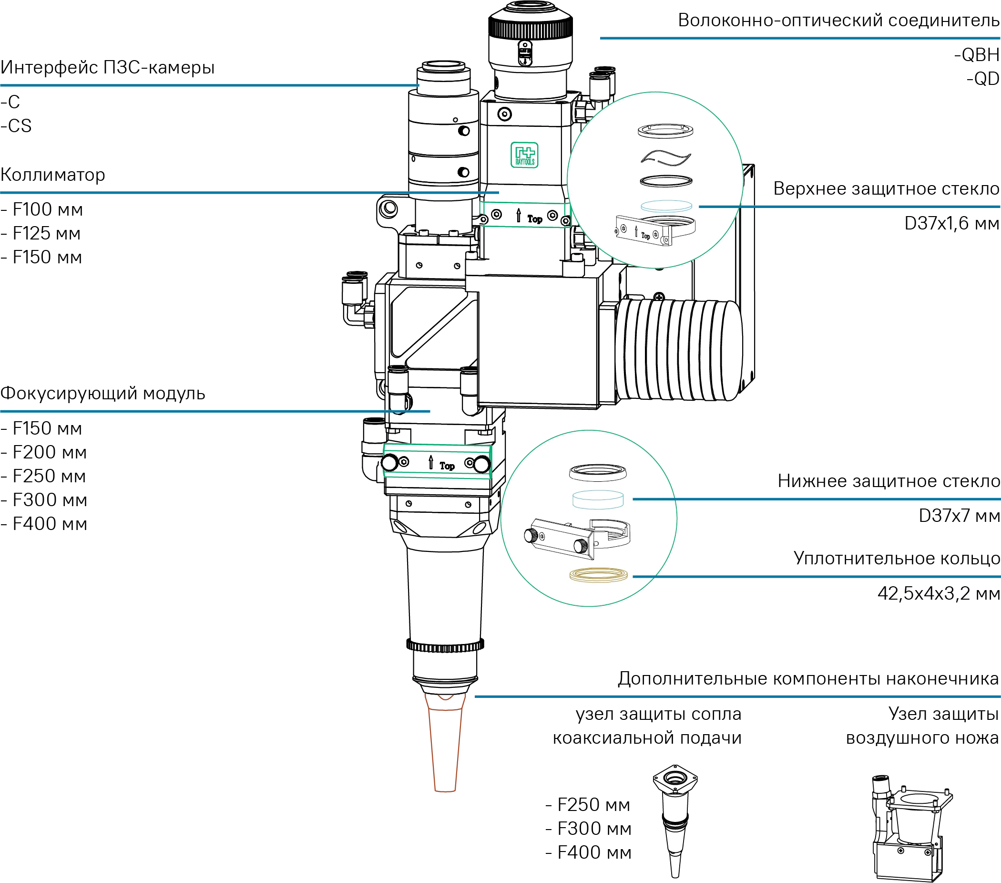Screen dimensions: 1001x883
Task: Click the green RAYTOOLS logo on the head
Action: click(x=524, y=155)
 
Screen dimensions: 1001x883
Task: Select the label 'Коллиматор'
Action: click(x=53, y=175)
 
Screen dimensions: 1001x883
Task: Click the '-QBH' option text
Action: click(x=977, y=55)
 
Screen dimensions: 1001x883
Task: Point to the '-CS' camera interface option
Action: click(x=16, y=126)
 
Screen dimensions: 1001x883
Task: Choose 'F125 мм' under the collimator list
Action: click(x=41, y=233)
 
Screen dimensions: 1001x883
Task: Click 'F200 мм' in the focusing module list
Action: click(x=44, y=452)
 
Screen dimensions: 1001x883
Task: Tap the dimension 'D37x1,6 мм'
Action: click(x=951, y=223)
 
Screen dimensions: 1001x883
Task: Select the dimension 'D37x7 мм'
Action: click(x=959, y=516)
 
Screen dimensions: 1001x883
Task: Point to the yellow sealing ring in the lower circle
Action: click(x=598, y=574)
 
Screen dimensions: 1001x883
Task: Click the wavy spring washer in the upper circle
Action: click(x=665, y=157)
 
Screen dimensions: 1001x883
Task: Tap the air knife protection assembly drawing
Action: click(x=912, y=828)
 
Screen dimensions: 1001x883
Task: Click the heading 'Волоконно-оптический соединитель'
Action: click(x=839, y=21)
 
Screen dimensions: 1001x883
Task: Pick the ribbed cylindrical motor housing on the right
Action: click(x=678, y=349)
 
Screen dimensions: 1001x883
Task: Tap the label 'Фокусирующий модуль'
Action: click(x=103, y=393)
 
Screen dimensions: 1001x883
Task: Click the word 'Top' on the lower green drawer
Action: click(x=447, y=466)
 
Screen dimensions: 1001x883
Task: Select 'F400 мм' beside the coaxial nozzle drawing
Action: click(x=589, y=852)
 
